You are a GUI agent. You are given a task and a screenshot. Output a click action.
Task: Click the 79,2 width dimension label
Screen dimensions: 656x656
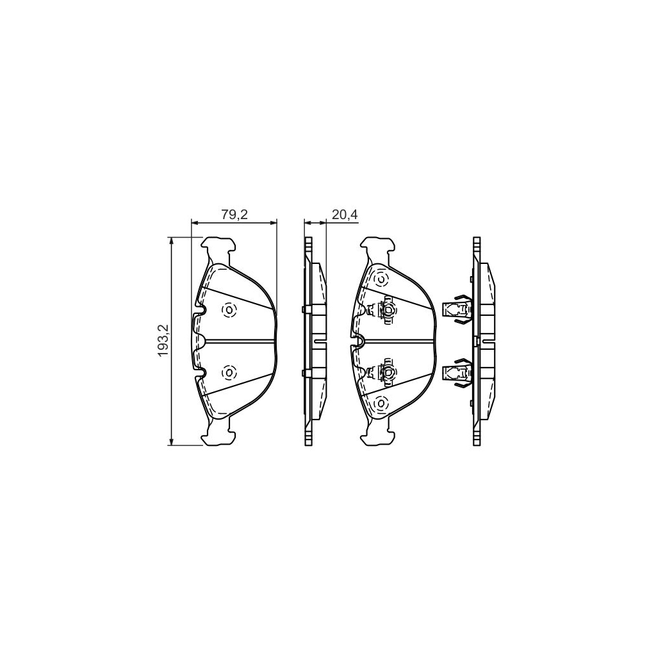tap(234, 215)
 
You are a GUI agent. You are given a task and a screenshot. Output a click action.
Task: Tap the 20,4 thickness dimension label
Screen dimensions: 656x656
tap(345, 215)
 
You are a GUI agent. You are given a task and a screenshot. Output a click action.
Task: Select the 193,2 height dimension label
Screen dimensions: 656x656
tap(163, 341)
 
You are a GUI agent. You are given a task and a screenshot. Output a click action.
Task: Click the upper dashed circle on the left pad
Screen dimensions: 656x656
tap(229, 310)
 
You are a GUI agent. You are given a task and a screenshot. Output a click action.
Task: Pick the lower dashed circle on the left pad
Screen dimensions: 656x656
tap(229, 372)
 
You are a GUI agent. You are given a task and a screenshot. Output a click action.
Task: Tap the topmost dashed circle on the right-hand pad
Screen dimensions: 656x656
tap(381, 279)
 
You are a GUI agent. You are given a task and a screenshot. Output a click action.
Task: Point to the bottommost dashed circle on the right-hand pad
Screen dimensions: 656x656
tap(381, 404)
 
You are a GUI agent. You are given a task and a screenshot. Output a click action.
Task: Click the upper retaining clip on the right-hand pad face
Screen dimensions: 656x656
tap(383, 310)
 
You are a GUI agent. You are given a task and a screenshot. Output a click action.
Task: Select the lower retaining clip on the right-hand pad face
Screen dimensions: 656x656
tap(383, 371)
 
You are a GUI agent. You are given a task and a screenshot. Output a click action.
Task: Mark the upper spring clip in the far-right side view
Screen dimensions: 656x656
tap(457, 309)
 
